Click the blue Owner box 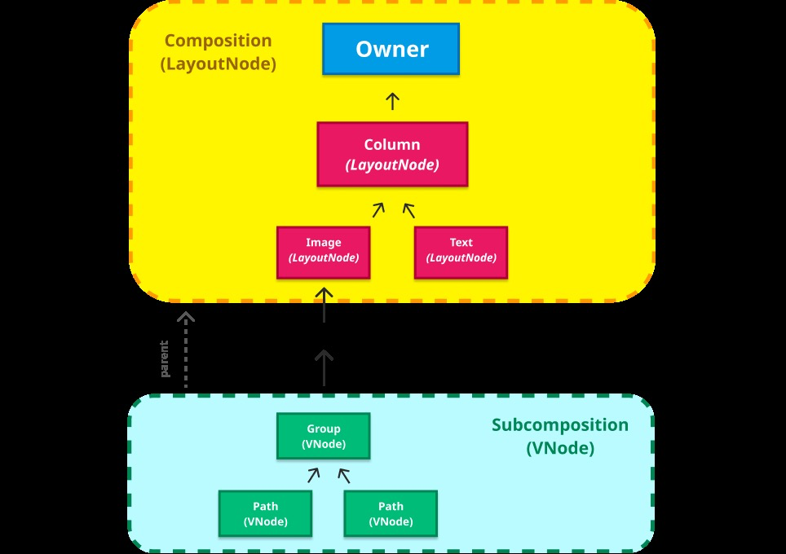391,49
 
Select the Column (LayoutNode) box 392,155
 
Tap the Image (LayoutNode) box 324,251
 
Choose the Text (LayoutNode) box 461,251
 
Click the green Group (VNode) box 324,436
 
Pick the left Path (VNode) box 265,513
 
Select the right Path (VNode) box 391,513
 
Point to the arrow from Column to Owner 392,101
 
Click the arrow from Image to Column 378,210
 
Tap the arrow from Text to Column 408,210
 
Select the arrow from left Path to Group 314,476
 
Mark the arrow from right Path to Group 343,476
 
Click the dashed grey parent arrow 186,350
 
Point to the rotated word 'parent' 165,358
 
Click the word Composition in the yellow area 218,41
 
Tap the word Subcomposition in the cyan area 560,425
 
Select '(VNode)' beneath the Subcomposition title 560,448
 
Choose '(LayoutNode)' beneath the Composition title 218,64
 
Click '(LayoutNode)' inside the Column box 392,165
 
